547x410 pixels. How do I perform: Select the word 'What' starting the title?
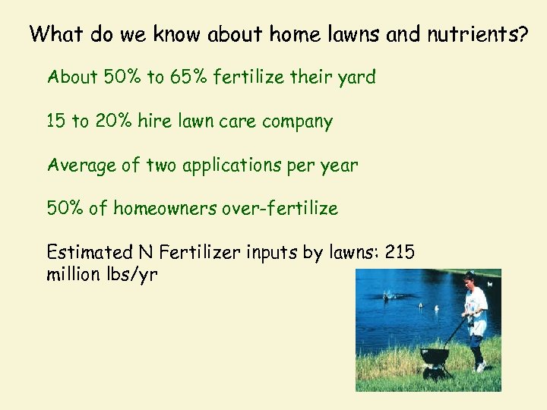pyautogui.click(x=57, y=34)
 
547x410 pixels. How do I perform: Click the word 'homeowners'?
pyautogui.click(x=165, y=208)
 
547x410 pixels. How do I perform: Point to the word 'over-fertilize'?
pyautogui.click(x=280, y=208)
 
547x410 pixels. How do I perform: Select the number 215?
pyautogui.click(x=400, y=252)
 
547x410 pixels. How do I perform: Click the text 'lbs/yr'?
pyautogui.click(x=133, y=274)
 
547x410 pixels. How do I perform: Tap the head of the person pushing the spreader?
pyautogui.click(x=470, y=279)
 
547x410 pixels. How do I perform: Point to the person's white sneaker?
pyautogui.click(x=480, y=367)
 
